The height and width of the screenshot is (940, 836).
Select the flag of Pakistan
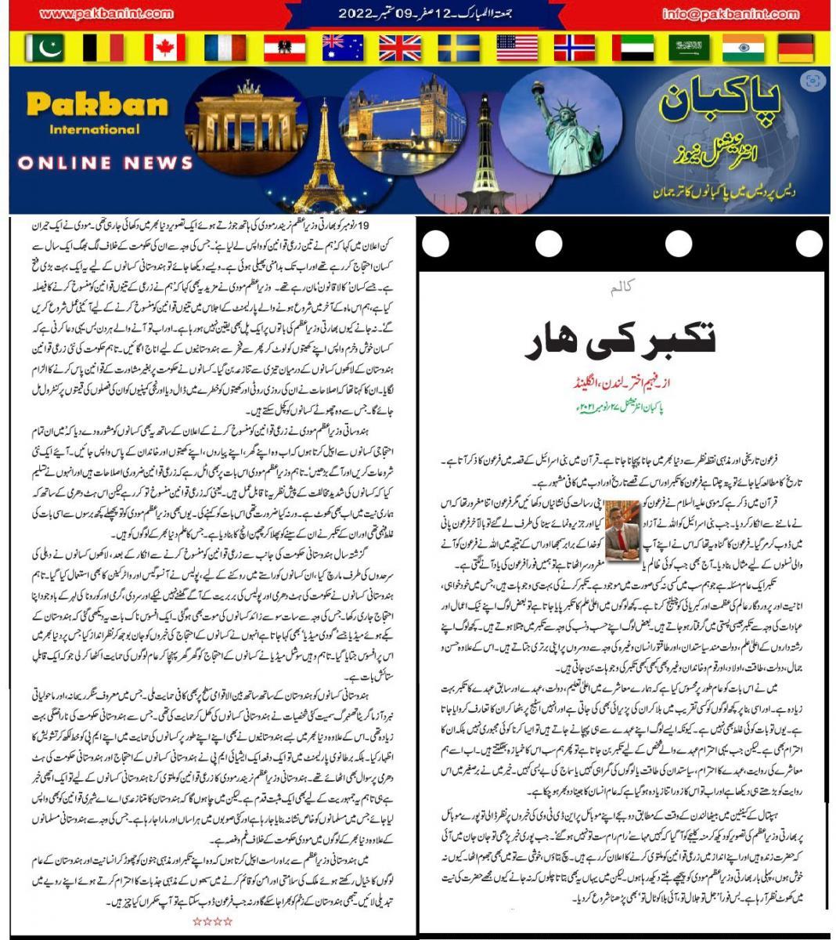click(x=44, y=48)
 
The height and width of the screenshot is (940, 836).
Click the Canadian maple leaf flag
click(x=164, y=48)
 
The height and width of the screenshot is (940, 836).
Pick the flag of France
click(x=225, y=48)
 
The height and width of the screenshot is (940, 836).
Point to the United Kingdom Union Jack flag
click(x=399, y=48)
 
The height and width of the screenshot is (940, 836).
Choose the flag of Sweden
click(x=458, y=48)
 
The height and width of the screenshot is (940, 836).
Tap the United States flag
click(x=517, y=48)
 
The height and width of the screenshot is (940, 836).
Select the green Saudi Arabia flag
click(x=689, y=48)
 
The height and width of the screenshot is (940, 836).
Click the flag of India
click(x=743, y=48)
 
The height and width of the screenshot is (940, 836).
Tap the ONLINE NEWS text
click(x=105, y=163)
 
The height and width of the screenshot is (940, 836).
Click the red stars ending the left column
click(x=212, y=921)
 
